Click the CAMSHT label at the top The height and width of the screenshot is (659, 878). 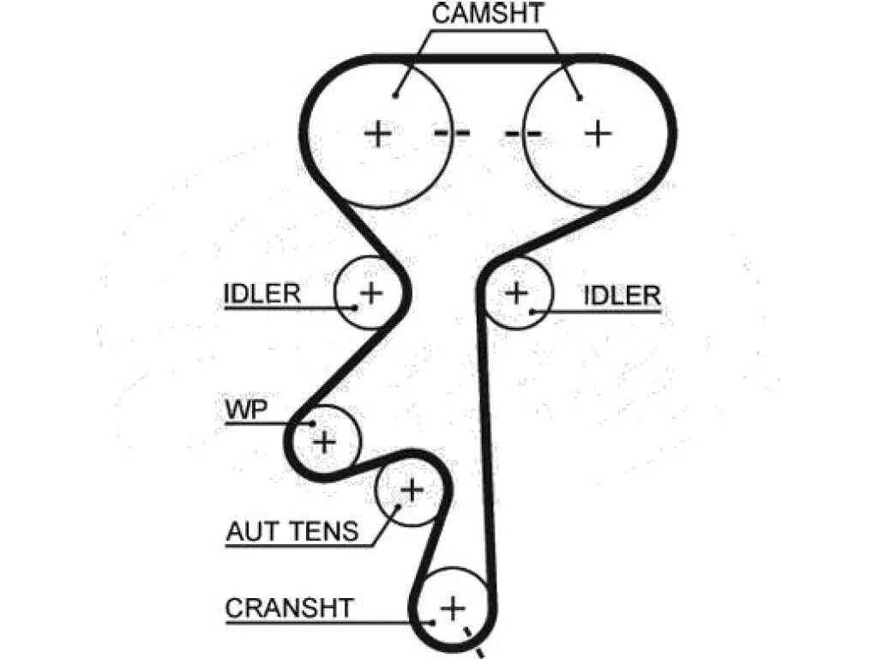[x=488, y=14]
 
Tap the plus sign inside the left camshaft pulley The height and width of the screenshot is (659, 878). [x=377, y=133]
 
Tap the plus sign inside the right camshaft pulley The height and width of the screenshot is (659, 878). [x=598, y=133]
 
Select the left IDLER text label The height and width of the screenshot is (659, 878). [x=262, y=295]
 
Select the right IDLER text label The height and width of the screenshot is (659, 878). [x=622, y=296]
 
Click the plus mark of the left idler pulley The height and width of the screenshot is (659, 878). [x=370, y=293]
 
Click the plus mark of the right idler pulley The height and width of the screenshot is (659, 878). [x=516, y=293]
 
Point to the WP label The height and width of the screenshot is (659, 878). [x=246, y=410]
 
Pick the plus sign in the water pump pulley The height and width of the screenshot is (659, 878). [x=324, y=442]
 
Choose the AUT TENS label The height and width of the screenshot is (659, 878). [x=292, y=532]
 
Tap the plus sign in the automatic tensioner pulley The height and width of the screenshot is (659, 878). [x=412, y=490]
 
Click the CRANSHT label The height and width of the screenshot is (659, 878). [x=289, y=608]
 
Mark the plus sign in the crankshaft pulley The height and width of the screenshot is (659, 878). [x=452, y=608]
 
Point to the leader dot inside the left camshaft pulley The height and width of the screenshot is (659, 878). [x=396, y=95]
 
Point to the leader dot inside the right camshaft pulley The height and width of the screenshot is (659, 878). [x=580, y=98]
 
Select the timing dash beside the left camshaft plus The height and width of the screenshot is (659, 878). [x=452, y=133]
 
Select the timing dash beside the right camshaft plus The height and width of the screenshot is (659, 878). [x=523, y=133]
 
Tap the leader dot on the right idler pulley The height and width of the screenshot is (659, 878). [x=532, y=311]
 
